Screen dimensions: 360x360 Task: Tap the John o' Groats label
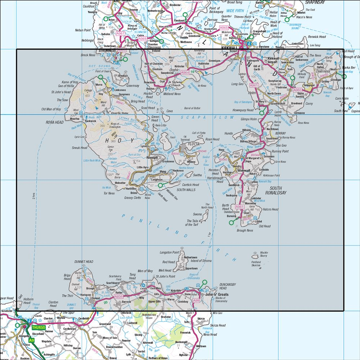pyautogui.click(x=217, y=294)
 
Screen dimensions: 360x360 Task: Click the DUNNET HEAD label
pyautogui.click(x=84, y=262)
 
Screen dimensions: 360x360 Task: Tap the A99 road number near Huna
pyautogui.click(x=196, y=300)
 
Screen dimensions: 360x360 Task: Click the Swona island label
pyautogui.click(x=198, y=214)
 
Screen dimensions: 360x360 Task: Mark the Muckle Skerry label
pyautogui.click(x=264, y=254)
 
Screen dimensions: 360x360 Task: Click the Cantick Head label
pyautogui.click(x=190, y=185)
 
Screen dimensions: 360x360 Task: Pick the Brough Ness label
pyautogui.click(x=245, y=230)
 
